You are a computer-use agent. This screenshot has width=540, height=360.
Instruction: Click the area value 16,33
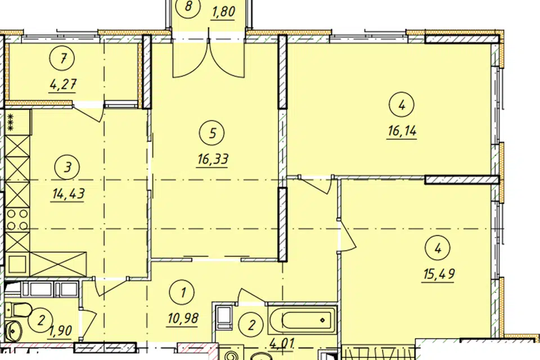pyautogui.click(x=213, y=160)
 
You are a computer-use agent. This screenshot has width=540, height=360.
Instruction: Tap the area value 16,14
pyautogui.click(x=402, y=131)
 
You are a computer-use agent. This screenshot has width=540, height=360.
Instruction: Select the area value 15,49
pyautogui.click(x=439, y=274)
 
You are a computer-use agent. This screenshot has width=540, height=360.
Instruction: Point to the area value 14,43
pyautogui.click(x=68, y=194)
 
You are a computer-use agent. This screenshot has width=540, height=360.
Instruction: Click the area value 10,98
pyautogui.click(x=183, y=319)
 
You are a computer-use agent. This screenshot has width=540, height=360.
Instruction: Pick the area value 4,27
pyautogui.click(x=62, y=84)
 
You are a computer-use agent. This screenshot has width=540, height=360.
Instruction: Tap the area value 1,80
pyautogui.click(x=223, y=12)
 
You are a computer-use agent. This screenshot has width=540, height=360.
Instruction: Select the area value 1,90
pyautogui.click(x=61, y=331)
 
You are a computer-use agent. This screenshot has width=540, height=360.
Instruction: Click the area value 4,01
pyautogui.click(x=282, y=344)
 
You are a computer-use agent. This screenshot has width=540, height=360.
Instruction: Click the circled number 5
pyautogui.click(x=212, y=133)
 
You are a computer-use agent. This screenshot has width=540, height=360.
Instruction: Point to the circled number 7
pyautogui.click(x=62, y=58)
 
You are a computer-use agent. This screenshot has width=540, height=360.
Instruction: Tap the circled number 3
pyautogui.click(x=67, y=168)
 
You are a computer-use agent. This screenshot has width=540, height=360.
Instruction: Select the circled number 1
pyautogui.click(x=183, y=292)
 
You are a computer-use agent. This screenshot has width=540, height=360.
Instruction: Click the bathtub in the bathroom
pyautogui.click(x=302, y=319)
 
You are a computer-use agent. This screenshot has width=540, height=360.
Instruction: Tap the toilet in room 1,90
pyautogui.click(x=17, y=309)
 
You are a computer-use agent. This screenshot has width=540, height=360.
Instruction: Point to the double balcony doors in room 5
pyautogui.click(x=209, y=57)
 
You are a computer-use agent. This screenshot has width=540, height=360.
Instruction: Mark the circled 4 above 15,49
pyautogui.click(x=438, y=248)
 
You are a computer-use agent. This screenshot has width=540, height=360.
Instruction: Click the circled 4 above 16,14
pyautogui.click(x=402, y=105)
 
